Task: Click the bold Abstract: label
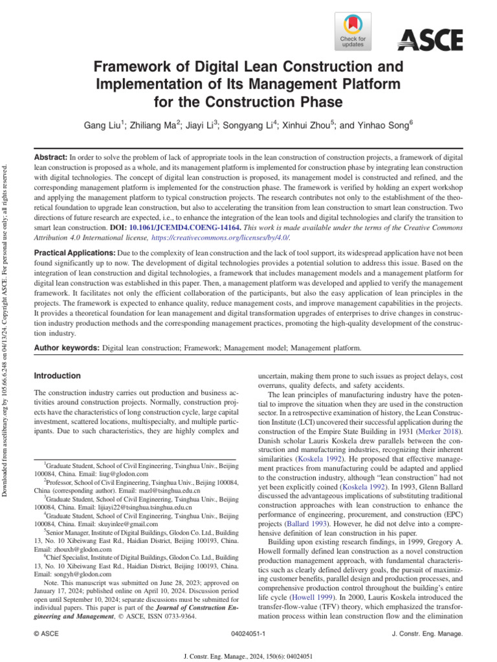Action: [x=50, y=158]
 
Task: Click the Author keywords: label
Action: [x=66, y=348]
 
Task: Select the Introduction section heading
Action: [x=57, y=376]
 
